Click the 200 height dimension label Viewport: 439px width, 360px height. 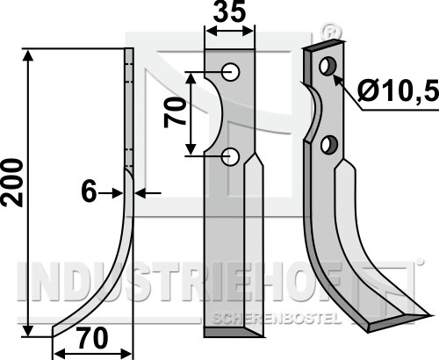point(12,183)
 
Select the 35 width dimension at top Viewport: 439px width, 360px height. point(229,12)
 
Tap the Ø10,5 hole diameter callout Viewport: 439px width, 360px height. point(399,90)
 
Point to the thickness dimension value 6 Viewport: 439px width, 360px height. point(89,192)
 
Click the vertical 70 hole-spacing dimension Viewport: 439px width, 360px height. point(175,113)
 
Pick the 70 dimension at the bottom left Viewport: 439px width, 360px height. point(93,338)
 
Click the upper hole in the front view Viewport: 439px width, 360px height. point(231,72)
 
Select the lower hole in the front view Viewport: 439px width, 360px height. point(231,156)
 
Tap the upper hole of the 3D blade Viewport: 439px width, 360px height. point(327,66)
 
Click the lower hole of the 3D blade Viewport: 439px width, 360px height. point(329,144)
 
